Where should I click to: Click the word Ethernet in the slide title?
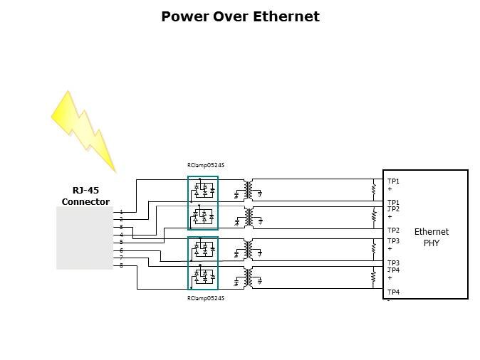286,16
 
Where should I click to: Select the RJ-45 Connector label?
85,196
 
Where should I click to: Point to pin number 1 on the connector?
121,212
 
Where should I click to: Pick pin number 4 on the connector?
121,235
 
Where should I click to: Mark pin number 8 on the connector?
121,265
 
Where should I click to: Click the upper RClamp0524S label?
206,165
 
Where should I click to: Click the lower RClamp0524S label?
206,298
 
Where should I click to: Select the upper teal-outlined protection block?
203,203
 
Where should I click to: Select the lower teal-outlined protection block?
203,263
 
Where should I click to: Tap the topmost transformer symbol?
248,189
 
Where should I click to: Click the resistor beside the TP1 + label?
373,189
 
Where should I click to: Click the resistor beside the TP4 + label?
373,277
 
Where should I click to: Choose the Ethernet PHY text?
432,237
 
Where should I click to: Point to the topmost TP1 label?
393,181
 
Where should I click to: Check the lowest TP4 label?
393,292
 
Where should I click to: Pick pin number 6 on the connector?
121,250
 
